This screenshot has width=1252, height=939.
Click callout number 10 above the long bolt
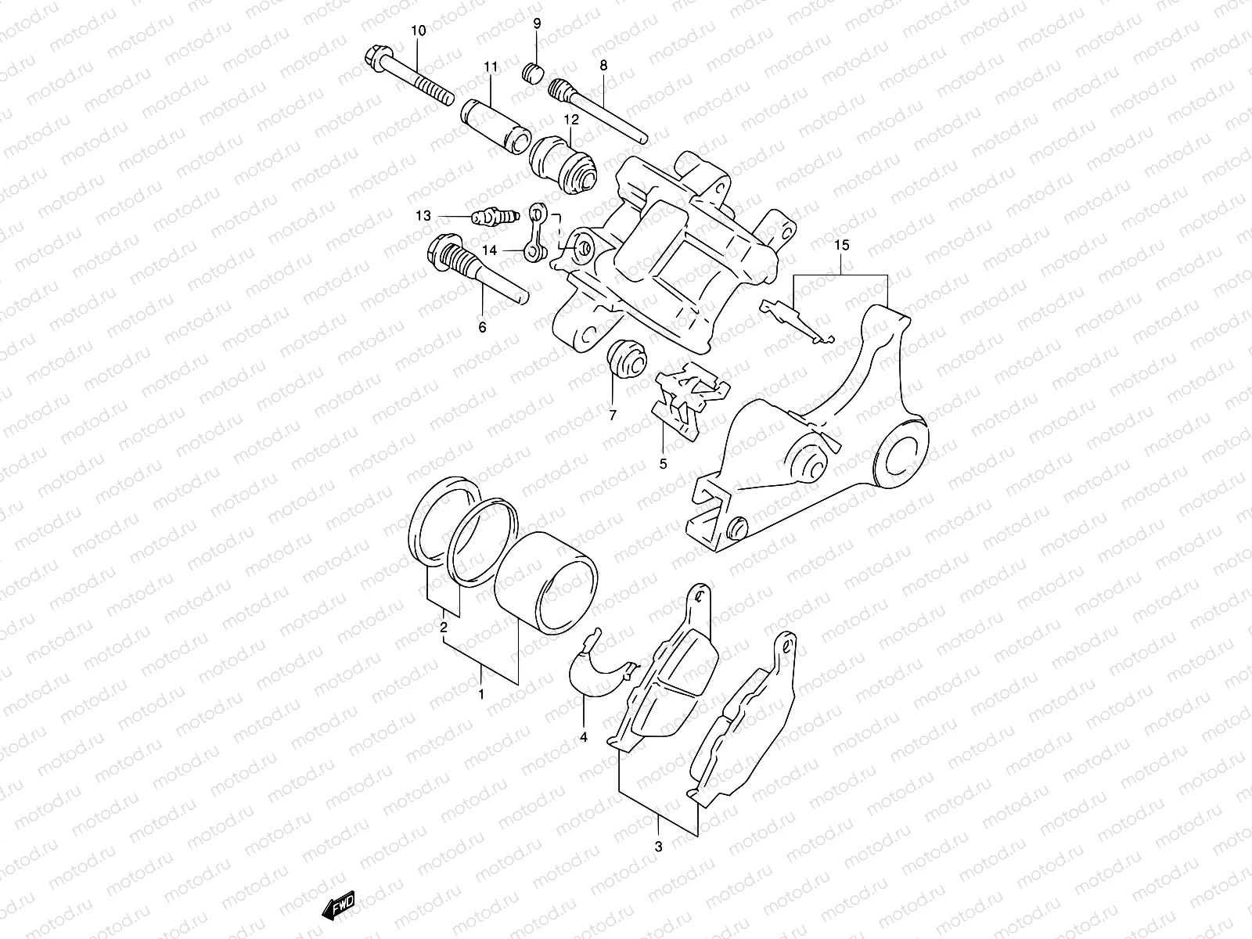click(x=418, y=31)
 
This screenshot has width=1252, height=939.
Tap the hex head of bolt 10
click(x=375, y=57)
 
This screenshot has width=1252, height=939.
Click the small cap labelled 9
click(x=532, y=74)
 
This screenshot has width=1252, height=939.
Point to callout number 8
click(x=603, y=67)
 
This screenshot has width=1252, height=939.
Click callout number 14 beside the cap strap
click(x=490, y=250)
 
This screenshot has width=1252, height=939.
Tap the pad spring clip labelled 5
click(x=689, y=395)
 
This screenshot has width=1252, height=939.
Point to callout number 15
click(x=841, y=246)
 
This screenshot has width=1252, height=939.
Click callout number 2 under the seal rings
click(x=443, y=628)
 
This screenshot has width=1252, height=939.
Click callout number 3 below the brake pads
click(x=658, y=846)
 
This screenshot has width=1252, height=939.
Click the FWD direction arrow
click(x=339, y=906)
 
